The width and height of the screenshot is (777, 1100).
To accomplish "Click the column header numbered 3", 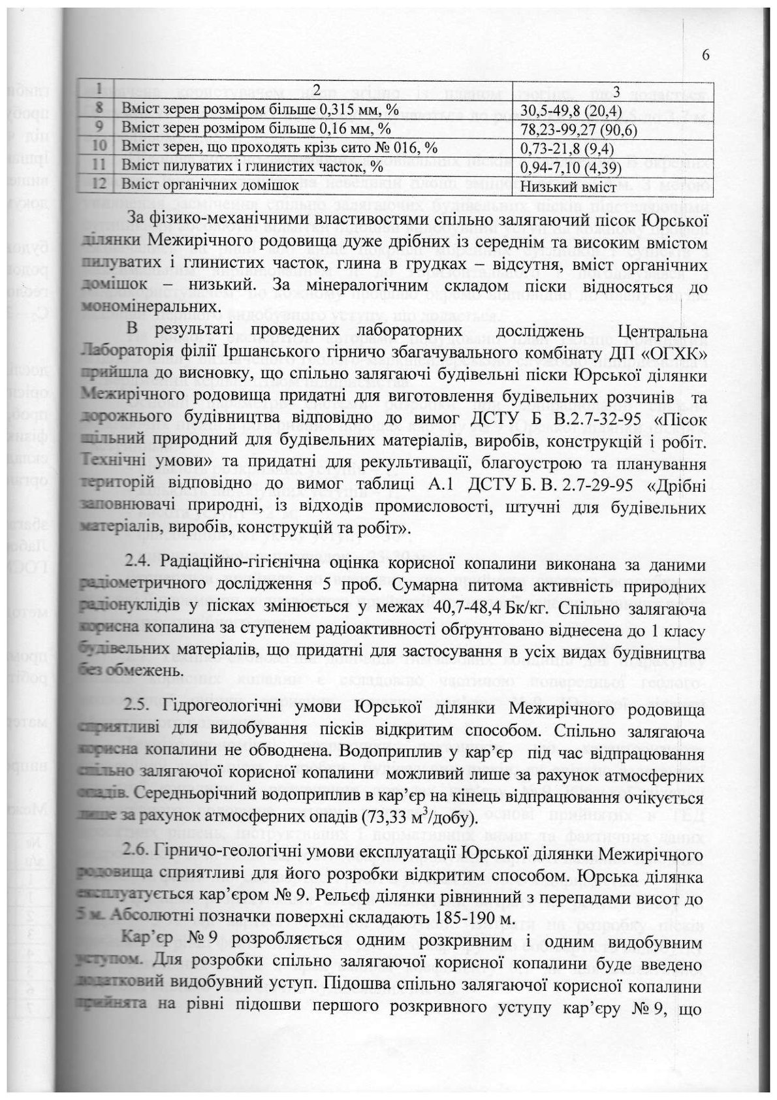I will [x=612, y=88].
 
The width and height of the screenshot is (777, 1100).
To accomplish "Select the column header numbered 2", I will [x=313, y=88].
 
